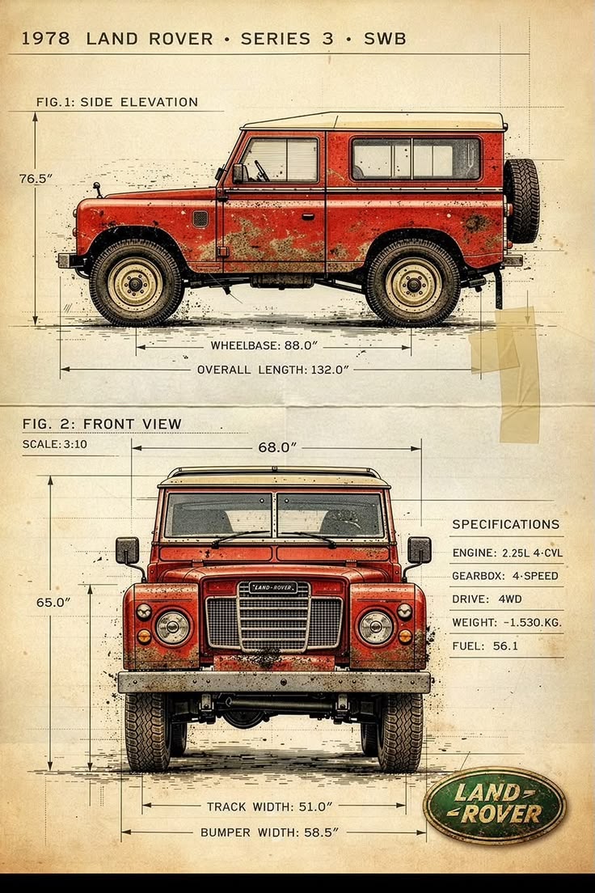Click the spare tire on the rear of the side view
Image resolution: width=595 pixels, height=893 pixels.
click(x=521, y=201)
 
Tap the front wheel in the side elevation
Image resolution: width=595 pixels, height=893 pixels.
click(x=136, y=283)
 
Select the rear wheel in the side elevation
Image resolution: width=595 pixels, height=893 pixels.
click(x=413, y=283)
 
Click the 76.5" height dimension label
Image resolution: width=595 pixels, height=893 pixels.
click(x=36, y=179)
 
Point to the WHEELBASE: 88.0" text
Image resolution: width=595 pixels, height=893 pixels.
click(x=264, y=345)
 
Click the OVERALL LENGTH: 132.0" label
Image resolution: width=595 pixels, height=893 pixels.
click(x=272, y=370)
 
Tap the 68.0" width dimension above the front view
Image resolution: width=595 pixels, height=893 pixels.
click(x=278, y=447)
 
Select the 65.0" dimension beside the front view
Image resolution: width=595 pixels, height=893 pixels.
click(x=53, y=602)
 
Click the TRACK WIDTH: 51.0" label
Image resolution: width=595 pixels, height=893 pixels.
click(x=269, y=806)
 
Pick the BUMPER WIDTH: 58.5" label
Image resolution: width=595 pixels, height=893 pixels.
click(x=269, y=832)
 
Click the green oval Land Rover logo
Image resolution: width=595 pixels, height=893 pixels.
click(x=494, y=805)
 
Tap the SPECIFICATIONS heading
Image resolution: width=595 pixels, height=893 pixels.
click(x=505, y=524)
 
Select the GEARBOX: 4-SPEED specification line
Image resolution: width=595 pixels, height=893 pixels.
click(x=505, y=576)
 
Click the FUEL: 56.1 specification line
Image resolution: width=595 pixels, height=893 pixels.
click(x=485, y=645)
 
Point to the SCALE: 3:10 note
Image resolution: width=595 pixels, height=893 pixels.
click(x=55, y=444)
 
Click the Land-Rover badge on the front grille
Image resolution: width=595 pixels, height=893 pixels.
click(x=272, y=587)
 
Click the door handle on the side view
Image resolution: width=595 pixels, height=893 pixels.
click(x=308, y=217)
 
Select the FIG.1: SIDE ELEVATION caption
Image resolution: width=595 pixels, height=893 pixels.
click(x=116, y=102)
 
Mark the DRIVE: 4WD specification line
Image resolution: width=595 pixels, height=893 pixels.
click(x=487, y=599)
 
